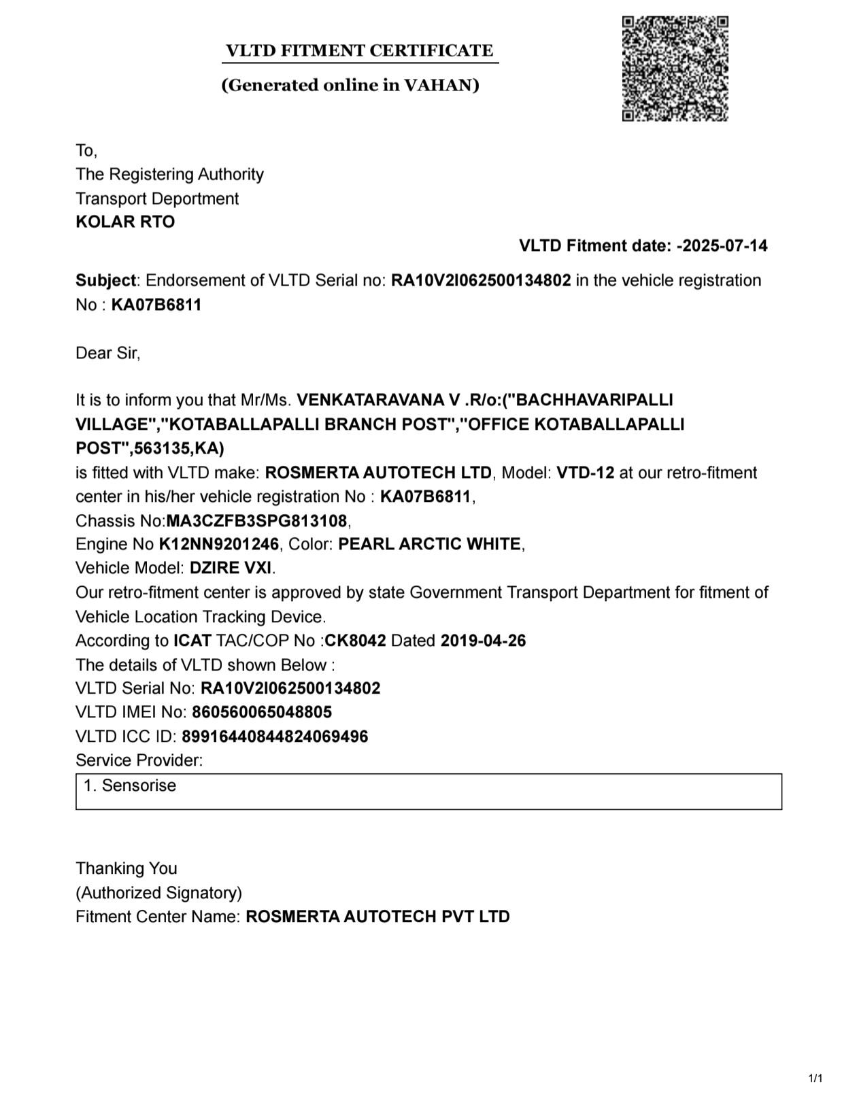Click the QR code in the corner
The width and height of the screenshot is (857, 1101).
coord(675,69)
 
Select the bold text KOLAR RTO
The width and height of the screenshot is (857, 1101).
coord(125,222)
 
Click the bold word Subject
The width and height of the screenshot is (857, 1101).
coord(105,280)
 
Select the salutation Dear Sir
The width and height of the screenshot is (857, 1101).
coord(107,353)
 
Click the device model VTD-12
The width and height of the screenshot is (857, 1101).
coord(585,473)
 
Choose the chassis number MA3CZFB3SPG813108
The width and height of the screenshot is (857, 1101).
coord(257,521)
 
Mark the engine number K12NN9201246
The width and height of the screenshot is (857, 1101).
coord(219,544)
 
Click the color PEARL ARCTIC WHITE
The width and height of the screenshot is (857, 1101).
coord(429,544)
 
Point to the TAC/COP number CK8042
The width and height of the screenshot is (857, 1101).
coord(356,641)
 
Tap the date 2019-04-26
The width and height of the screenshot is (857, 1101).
coord(483,641)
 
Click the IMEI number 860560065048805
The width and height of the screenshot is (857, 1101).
coord(262,712)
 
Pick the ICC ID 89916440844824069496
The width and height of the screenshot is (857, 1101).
coord(275,736)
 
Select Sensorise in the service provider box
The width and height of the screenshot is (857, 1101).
coord(139,785)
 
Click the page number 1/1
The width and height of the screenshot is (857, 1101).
coord(815,1078)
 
